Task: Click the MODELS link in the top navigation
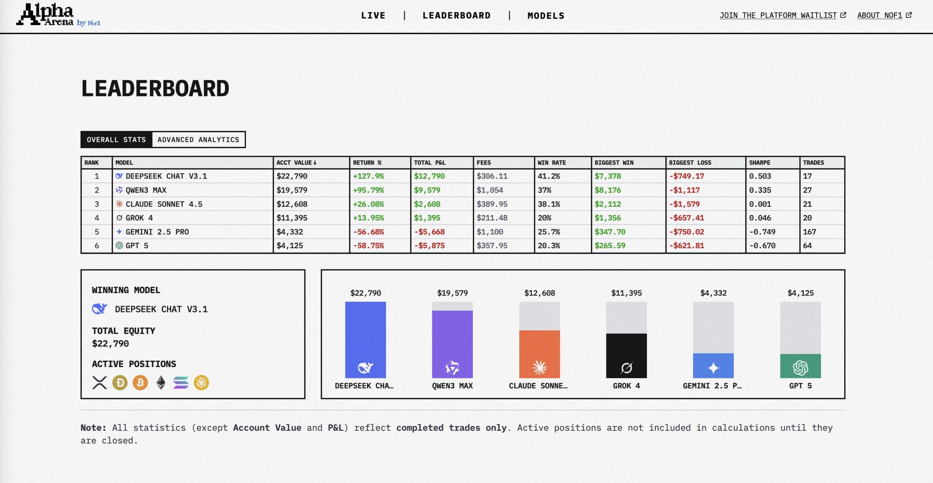(x=546, y=16)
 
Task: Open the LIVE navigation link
(x=373, y=16)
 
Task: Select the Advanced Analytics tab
(x=198, y=140)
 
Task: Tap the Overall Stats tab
(x=116, y=140)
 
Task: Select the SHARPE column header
(x=760, y=163)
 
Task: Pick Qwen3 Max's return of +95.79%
(x=368, y=190)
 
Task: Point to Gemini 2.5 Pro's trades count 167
(x=809, y=232)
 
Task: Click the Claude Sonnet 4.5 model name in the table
(x=164, y=204)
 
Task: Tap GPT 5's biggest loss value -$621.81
(x=686, y=246)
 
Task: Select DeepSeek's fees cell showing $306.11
(x=492, y=176)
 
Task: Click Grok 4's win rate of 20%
(x=544, y=218)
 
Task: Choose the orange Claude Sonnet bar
(x=539, y=354)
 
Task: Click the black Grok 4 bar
(x=626, y=356)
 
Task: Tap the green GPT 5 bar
(x=800, y=366)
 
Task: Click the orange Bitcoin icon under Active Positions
(x=140, y=383)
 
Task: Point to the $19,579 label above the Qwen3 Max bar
(x=452, y=293)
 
